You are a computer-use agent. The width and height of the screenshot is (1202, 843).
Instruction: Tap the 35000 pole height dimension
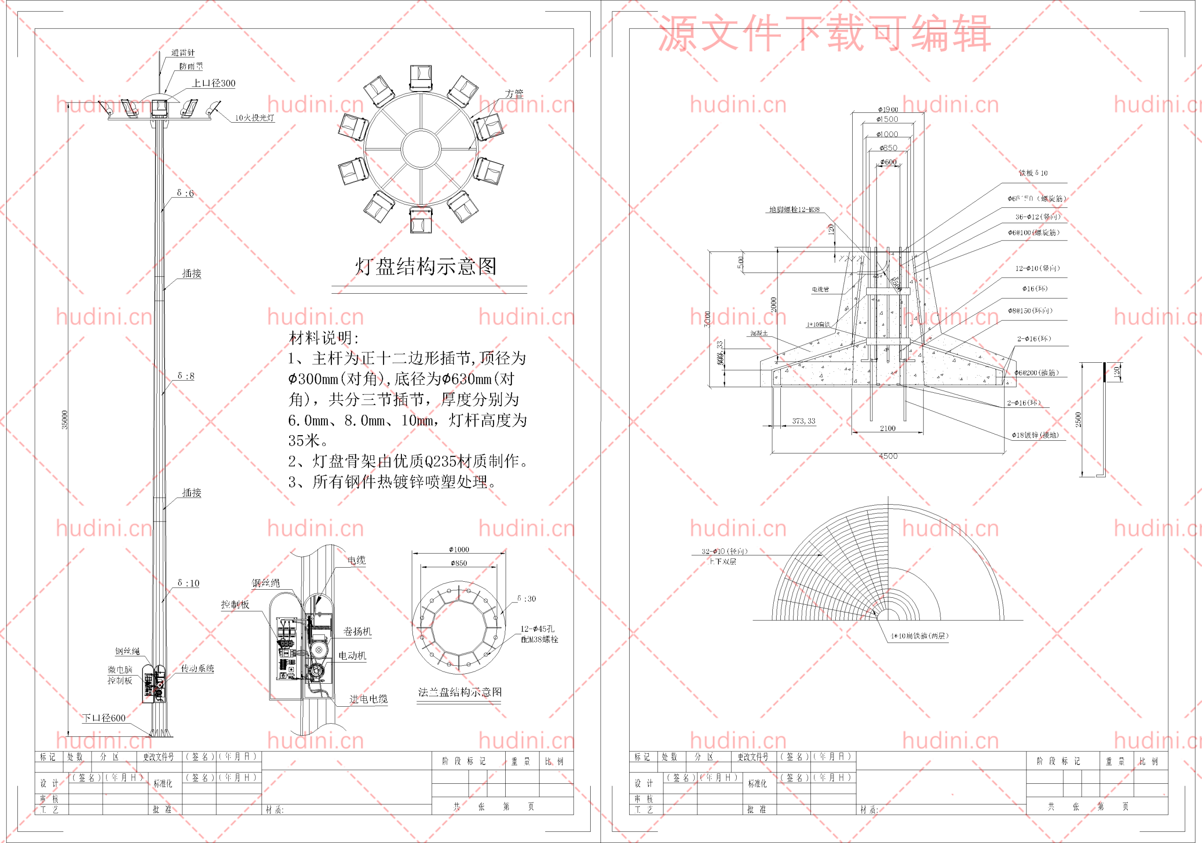click(65, 420)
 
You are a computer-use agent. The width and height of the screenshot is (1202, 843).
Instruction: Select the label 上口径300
click(214, 83)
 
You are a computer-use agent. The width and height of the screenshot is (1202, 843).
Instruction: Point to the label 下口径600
click(104, 718)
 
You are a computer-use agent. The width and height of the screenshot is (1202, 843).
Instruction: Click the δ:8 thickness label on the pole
click(186, 375)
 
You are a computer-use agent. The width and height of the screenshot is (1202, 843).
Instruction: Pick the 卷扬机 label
click(357, 632)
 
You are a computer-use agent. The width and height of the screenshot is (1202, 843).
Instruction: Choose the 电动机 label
click(352, 656)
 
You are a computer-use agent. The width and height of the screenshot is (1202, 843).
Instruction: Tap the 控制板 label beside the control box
click(235, 604)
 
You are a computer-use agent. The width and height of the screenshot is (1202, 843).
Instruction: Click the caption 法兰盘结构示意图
click(460, 692)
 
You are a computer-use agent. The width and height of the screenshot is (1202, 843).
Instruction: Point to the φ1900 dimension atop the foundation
click(888, 109)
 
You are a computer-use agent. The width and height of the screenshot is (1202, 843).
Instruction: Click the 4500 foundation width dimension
click(888, 456)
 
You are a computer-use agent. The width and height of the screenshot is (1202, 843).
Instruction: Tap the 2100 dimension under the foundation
click(887, 428)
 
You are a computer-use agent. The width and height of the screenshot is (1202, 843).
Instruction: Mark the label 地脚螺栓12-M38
click(794, 210)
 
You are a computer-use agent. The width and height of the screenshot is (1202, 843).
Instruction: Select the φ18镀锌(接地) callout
click(1035, 435)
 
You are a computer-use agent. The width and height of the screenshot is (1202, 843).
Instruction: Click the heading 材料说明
click(324, 338)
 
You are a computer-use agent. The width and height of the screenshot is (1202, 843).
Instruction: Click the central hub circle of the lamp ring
click(421, 149)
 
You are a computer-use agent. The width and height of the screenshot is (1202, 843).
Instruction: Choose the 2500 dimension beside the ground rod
click(1078, 419)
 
